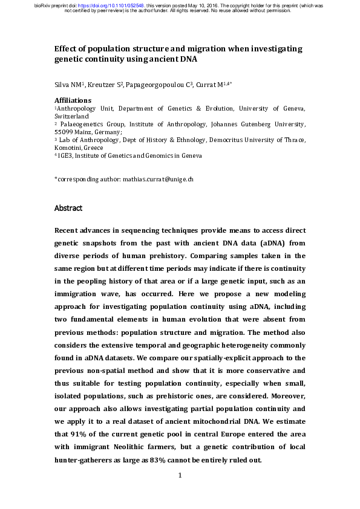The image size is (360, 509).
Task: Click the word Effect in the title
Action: tap(65, 48)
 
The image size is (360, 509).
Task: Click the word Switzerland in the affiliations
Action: tap(71, 115)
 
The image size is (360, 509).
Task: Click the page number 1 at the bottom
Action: tap(180, 476)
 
